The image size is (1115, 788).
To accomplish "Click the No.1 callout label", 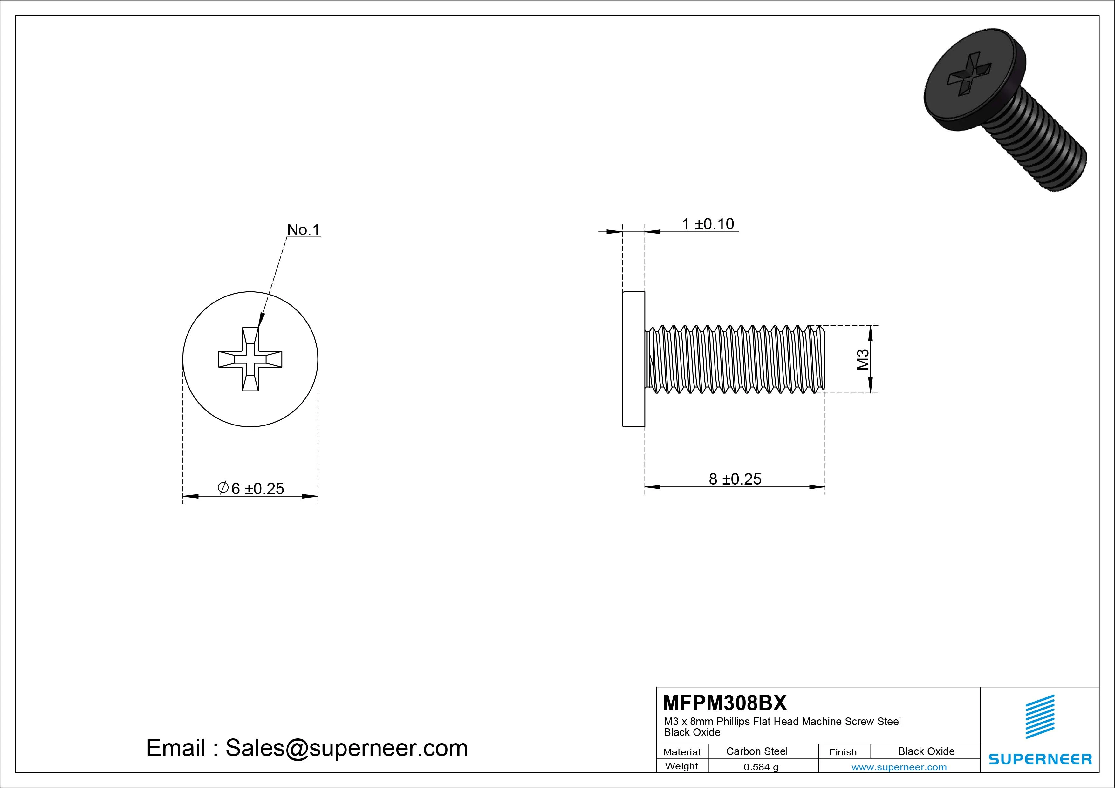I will click(x=304, y=230).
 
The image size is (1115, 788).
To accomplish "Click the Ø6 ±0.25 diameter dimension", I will click(x=251, y=488).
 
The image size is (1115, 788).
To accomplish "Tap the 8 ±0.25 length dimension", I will click(x=735, y=479).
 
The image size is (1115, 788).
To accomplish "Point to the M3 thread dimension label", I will click(x=863, y=359).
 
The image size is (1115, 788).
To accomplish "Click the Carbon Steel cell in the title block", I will click(x=756, y=751).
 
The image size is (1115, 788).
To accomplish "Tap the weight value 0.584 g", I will click(x=761, y=767).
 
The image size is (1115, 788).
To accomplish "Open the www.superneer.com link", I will click(x=899, y=767).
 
